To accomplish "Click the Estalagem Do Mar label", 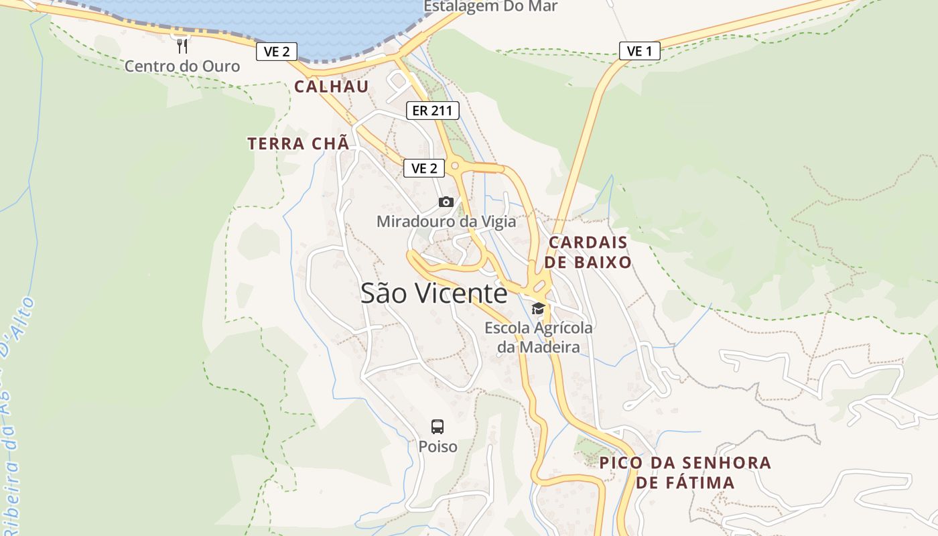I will click(x=490, y=7).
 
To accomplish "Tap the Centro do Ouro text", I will click(x=182, y=66).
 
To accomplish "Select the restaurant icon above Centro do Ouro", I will click(x=182, y=46).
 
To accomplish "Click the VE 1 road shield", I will click(x=639, y=51).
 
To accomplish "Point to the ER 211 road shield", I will click(x=432, y=111).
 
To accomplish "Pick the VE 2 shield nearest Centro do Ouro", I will click(x=276, y=52).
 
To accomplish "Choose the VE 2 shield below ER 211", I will click(x=424, y=168).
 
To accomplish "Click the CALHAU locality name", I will click(x=331, y=86).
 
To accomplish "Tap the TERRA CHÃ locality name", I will click(x=298, y=143).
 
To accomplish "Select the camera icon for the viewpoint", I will click(x=446, y=202).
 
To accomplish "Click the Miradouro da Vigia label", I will click(x=446, y=221).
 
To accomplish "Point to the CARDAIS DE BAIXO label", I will click(x=588, y=252).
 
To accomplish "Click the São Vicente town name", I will click(x=434, y=293).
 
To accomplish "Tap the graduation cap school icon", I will click(x=538, y=308).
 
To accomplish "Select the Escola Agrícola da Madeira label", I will click(x=539, y=338).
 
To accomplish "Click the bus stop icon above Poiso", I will click(x=438, y=426).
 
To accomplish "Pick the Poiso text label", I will click(x=438, y=446).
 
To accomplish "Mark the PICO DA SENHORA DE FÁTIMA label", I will click(x=685, y=472).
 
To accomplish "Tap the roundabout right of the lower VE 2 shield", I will click(x=455, y=165).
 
